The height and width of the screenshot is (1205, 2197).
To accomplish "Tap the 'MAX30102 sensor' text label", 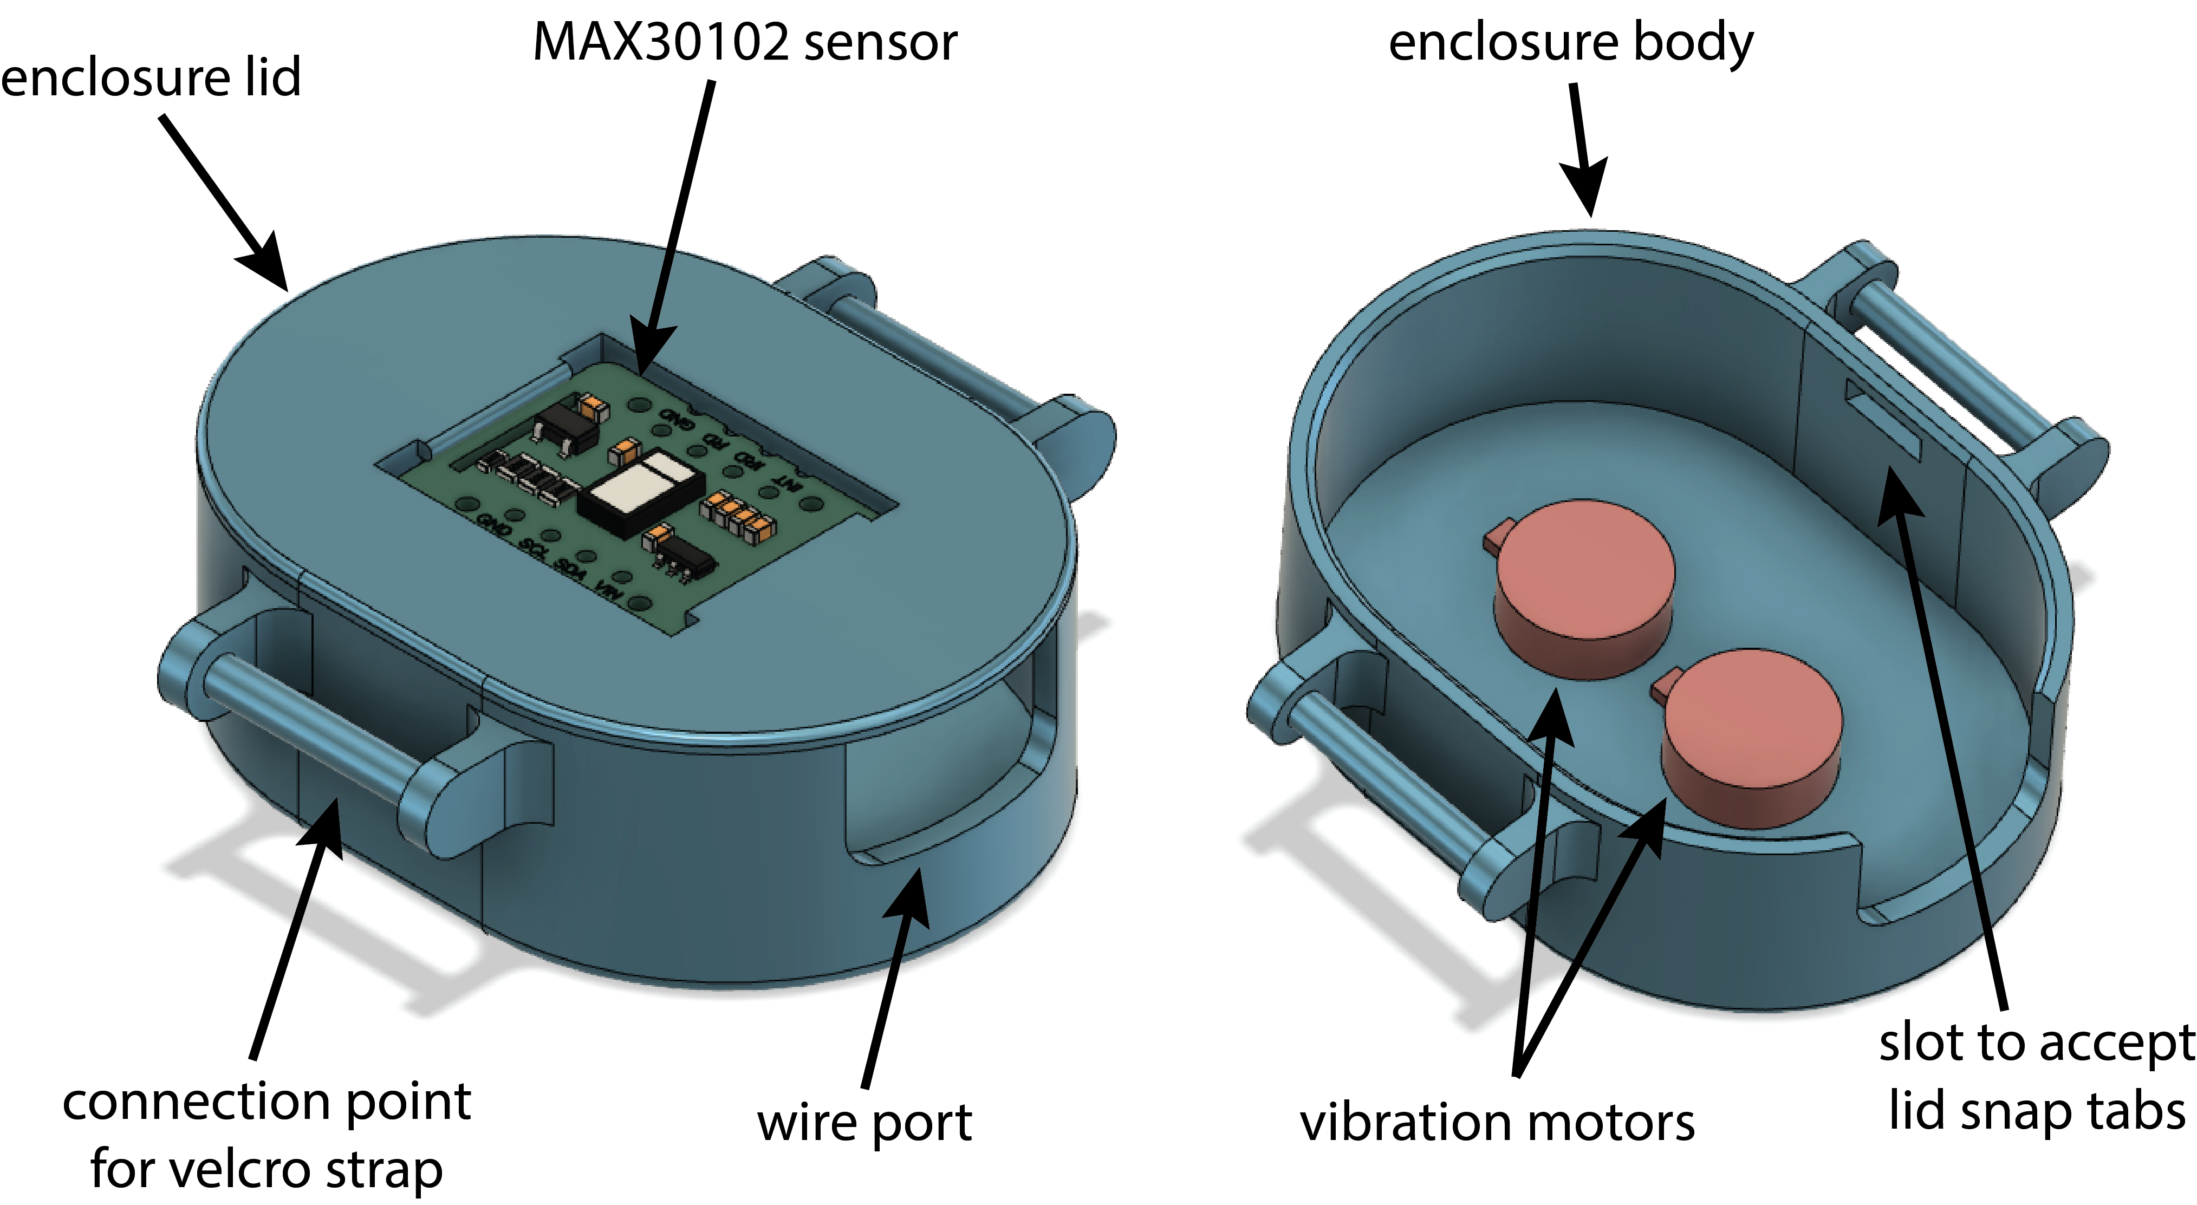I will [745, 43].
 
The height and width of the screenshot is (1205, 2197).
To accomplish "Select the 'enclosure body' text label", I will [1570, 43].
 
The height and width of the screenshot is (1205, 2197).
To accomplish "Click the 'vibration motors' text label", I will [1497, 1122].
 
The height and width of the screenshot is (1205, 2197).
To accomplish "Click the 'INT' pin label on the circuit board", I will [785, 483].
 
